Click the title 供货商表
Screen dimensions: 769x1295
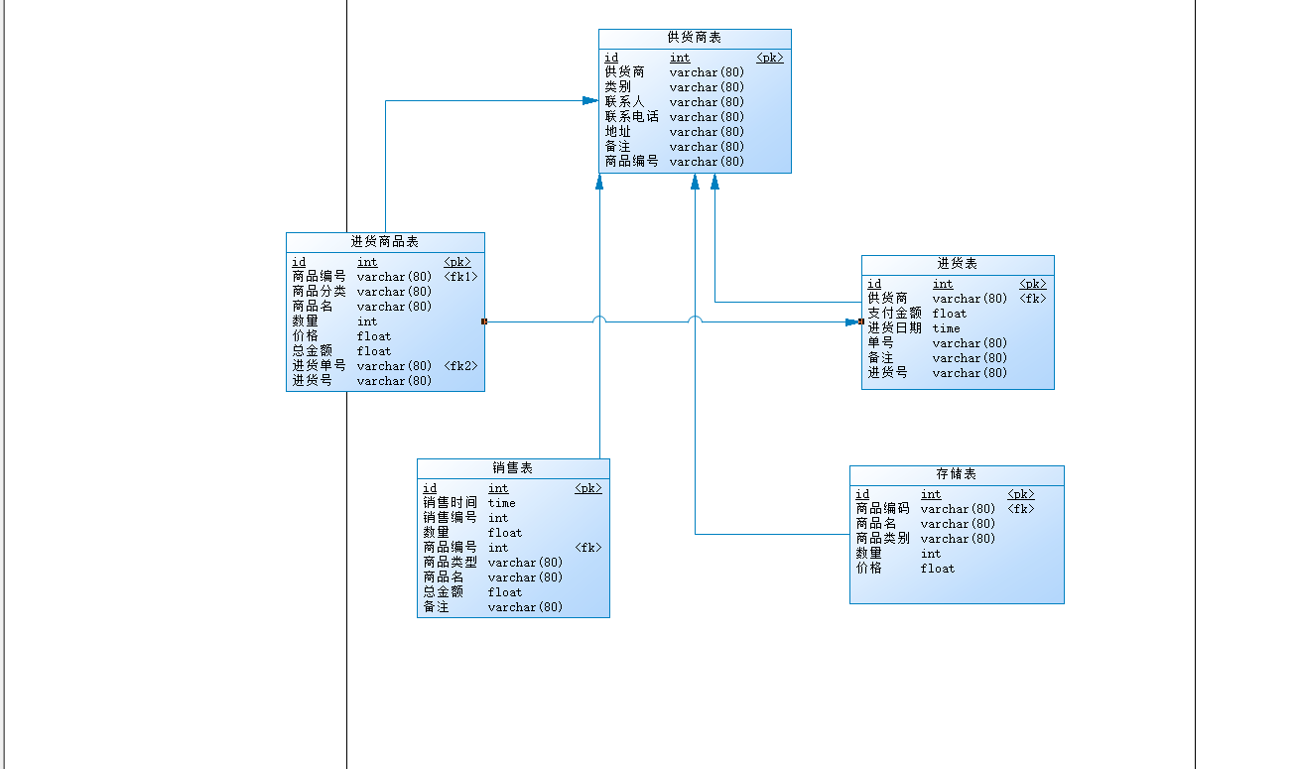pyautogui.click(x=694, y=38)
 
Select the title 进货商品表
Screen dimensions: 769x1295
pyautogui.click(x=384, y=242)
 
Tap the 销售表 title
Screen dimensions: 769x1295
pyautogui.click(x=512, y=468)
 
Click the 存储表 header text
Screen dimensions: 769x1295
pyautogui.click(x=956, y=474)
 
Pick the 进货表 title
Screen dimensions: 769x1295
pyautogui.click(x=957, y=264)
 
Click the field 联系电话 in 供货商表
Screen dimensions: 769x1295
pyautogui.click(x=631, y=117)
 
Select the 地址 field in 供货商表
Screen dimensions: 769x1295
pyautogui.click(x=617, y=132)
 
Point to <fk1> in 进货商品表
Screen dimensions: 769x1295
pyautogui.click(x=460, y=277)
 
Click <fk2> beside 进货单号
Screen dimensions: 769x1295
pyautogui.click(x=460, y=366)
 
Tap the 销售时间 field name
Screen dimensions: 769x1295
pyautogui.click(x=450, y=503)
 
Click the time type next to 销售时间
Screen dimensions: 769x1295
pyautogui.click(x=501, y=503)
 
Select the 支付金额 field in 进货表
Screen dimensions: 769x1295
pyautogui.click(x=894, y=314)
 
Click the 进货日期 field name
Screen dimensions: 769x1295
pyautogui.click(x=894, y=328)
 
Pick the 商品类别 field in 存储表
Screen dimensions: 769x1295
pyautogui.click(x=882, y=539)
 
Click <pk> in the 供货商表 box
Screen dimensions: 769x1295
pyautogui.click(x=769, y=58)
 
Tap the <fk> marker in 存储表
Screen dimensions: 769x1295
pyautogui.click(x=1020, y=509)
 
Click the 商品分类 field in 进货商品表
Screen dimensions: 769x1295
pyautogui.click(x=319, y=292)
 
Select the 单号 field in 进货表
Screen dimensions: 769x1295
pyautogui.click(x=880, y=343)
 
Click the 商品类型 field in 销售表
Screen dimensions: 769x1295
pyautogui.click(x=450, y=563)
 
